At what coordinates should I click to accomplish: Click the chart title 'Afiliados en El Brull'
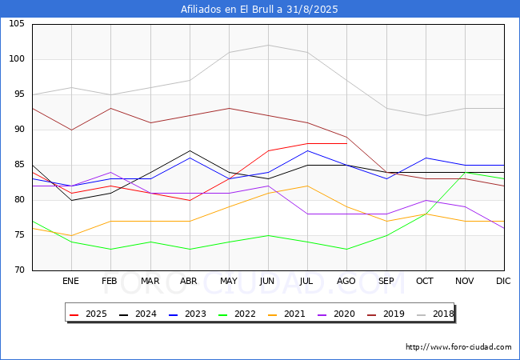click(x=259, y=9)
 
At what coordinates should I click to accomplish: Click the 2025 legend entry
click(x=90, y=314)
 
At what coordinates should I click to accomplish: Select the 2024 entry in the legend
click(x=138, y=314)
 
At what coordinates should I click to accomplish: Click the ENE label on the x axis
click(x=71, y=282)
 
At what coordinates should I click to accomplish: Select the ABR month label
click(x=189, y=282)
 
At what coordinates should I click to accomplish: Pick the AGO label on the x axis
click(x=346, y=282)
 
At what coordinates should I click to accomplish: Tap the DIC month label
click(x=503, y=282)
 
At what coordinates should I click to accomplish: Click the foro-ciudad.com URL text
click(x=458, y=347)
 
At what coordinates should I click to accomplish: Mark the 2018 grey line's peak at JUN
click(x=268, y=45)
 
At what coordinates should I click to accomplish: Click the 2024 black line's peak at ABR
click(x=189, y=150)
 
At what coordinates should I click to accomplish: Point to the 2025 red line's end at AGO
click(x=346, y=144)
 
